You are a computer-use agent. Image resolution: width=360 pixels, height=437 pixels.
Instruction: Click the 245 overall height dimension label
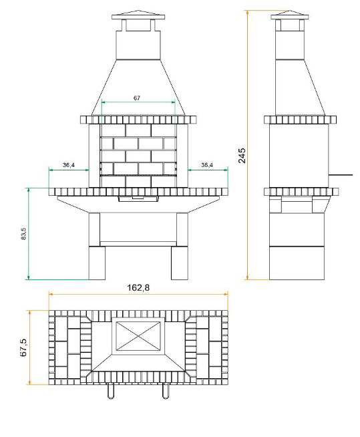coord(242,155)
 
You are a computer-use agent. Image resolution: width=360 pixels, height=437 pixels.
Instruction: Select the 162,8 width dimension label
coord(138,287)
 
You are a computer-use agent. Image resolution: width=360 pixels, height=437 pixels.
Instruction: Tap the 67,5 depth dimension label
coord(23,347)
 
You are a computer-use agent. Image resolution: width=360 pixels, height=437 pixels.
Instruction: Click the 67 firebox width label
coord(136,98)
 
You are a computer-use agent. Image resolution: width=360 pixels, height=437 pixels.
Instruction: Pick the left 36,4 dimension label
coord(69,165)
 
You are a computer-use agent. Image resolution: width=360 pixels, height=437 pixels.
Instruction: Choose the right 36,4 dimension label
coord(207,165)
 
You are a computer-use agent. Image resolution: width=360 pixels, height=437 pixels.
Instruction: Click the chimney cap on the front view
coord(138,15)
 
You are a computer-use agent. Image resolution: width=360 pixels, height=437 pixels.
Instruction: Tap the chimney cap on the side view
coord(289,15)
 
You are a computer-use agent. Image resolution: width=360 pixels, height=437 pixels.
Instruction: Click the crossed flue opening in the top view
coord(138,336)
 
